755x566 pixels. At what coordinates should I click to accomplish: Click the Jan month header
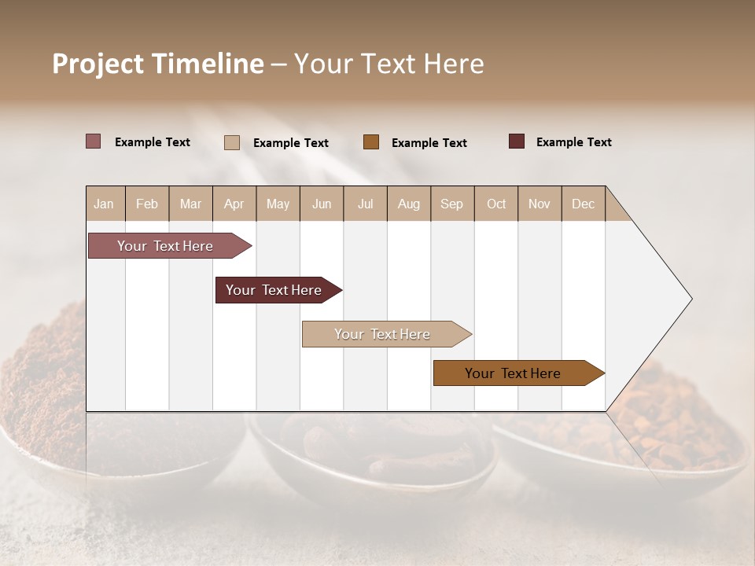[x=104, y=204]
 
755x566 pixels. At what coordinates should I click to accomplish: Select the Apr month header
[x=234, y=204]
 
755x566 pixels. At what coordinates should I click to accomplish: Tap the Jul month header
[x=365, y=204]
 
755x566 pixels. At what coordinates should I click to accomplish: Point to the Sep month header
[x=451, y=204]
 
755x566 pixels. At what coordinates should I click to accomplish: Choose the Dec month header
[x=583, y=204]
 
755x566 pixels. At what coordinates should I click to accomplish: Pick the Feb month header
[x=147, y=204]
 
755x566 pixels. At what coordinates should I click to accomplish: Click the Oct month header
[x=496, y=204]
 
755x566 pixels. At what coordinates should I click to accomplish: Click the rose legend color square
[x=93, y=141]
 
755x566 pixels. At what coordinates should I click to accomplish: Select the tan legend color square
[x=231, y=142]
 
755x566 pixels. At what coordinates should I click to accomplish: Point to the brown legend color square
[x=371, y=142]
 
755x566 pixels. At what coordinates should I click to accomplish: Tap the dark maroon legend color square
[x=516, y=141]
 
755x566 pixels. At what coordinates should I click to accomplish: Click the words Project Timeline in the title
[x=158, y=64]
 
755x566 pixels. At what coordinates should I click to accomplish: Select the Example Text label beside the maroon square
[x=573, y=142]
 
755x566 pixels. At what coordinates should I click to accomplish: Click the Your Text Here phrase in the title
[x=389, y=64]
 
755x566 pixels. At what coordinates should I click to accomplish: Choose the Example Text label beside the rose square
[x=152, y=142]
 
